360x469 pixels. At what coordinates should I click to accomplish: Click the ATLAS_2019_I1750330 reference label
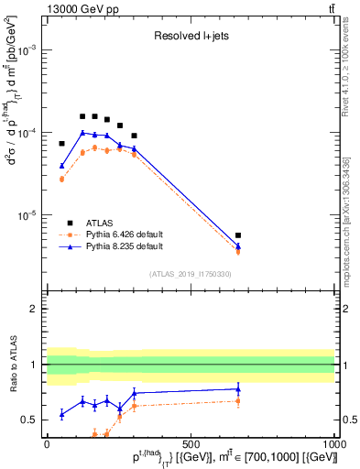[191, 274]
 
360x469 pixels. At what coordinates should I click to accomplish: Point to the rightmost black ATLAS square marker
[238, 235]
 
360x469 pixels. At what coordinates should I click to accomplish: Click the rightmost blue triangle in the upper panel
[238, 245]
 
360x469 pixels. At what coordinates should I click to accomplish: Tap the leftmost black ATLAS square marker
[62, 144]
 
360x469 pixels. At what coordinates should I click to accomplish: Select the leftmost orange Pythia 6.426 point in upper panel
[62, 179]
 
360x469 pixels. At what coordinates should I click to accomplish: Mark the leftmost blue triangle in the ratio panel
[62, 414]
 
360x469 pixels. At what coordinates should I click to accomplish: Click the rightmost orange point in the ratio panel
[238, 400]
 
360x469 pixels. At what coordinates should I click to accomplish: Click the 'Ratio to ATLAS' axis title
[12, 365]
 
